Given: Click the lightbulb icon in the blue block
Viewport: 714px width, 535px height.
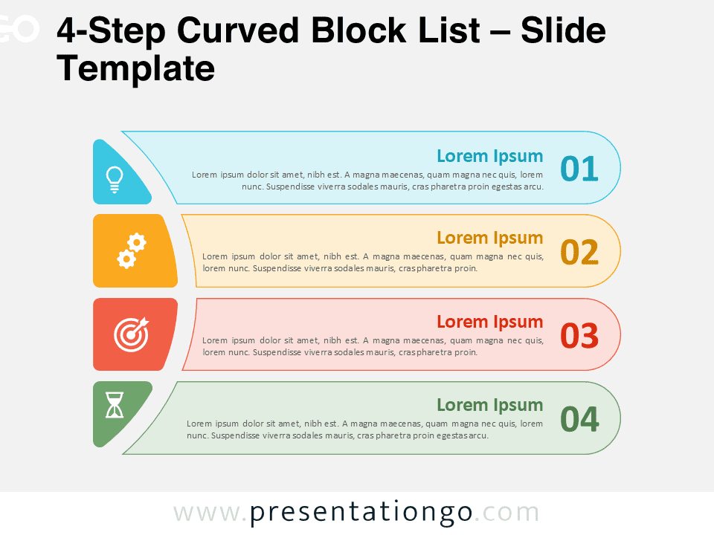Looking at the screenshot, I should (114, 179).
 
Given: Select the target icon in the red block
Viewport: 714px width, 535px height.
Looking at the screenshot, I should (131, 334).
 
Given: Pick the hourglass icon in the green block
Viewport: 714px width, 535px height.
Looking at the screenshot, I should (115, 405).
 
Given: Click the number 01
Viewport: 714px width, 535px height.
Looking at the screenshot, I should (579, 169).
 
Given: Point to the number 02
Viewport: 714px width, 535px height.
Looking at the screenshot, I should (579, 253).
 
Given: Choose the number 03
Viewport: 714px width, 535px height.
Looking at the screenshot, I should (579, 336).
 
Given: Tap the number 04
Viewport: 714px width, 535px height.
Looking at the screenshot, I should (579, 420).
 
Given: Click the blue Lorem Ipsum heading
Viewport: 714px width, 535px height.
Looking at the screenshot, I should (489, 156).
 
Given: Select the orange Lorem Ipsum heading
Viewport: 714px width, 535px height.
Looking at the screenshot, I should (489, 238).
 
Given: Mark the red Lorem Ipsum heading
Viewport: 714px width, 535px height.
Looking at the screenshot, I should (489, 322).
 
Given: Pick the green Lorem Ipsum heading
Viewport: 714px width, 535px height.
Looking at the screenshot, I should (489, 405).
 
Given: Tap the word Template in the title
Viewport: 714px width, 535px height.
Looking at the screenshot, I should (135, 69).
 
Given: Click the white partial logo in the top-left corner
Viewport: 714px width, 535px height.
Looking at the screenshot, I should (19, 30).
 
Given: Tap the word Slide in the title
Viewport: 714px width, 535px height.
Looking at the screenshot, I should (563, 31).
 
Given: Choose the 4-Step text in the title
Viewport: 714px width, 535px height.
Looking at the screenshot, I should (109, 31).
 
